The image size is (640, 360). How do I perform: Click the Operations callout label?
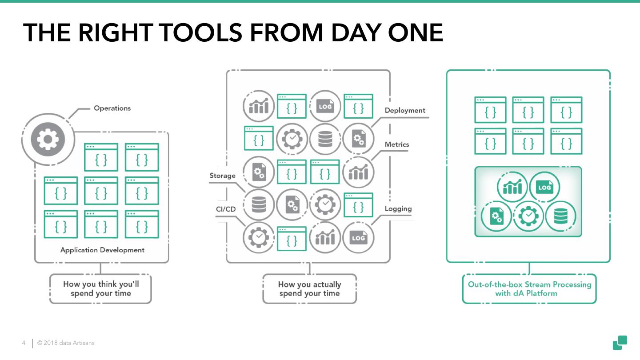(112, 108)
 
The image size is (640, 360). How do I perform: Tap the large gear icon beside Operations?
(48, 140)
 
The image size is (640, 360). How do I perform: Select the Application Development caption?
(102, 250)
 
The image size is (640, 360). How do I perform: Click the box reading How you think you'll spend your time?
(101, 288)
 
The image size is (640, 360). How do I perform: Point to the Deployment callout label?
(405, 110)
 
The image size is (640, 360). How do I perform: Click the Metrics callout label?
(397, 144)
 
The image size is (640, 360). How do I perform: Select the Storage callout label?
(222, 176)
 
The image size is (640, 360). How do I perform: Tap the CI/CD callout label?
(225, 209)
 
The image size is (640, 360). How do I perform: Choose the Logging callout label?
(398, 208)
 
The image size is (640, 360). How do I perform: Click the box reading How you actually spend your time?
(309, 289)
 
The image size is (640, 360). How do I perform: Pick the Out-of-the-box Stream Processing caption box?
(529, 288)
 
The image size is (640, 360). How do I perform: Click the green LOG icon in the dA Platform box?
(544, 188)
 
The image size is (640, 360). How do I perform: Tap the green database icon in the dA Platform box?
(560, 217)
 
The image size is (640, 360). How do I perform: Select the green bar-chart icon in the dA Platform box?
(512, 188)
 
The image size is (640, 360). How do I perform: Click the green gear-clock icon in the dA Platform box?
(528, 217)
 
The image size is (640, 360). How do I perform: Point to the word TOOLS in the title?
(203, 32)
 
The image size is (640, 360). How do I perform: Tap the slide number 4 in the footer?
(24, 343)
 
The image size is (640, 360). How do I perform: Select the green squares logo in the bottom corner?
(620, 342)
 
